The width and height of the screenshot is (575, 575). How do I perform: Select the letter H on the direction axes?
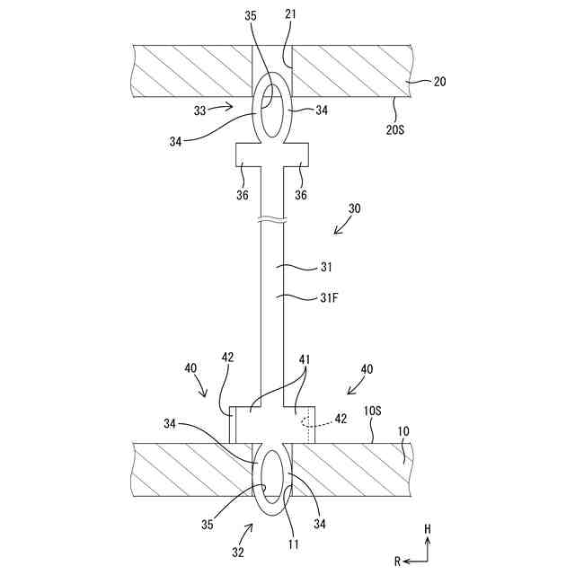(429, 530)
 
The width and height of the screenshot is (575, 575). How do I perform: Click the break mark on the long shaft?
(272, 221)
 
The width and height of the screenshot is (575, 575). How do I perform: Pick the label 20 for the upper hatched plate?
(439, 81)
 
